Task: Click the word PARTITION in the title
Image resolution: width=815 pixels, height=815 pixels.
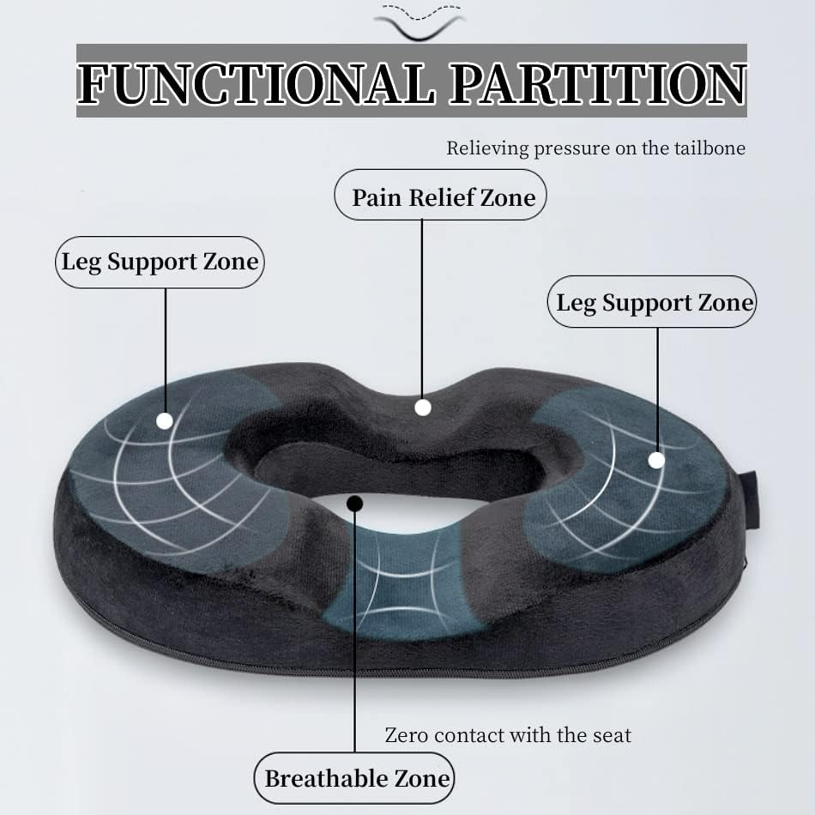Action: coord(597,83)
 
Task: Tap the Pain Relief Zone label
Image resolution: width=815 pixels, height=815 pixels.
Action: coord(443,197)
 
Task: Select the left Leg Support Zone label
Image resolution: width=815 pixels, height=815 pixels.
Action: coord(160,262)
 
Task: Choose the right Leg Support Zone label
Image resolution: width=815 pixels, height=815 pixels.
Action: coord(654,302)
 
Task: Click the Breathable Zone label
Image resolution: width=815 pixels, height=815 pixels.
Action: coord(356,778)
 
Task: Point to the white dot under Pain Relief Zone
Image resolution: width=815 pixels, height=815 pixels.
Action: coord(422,407)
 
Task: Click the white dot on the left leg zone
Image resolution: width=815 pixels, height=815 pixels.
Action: coord(165,420)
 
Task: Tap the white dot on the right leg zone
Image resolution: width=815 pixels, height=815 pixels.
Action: coord(656,460)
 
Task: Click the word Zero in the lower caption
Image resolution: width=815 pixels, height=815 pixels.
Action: coord(407,735)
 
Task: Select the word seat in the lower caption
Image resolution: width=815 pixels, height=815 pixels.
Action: coord(611,735)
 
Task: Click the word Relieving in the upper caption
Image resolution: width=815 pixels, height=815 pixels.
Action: coord(487,148)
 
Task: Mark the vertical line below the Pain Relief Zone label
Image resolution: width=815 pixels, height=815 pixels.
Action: coord(422,309)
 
